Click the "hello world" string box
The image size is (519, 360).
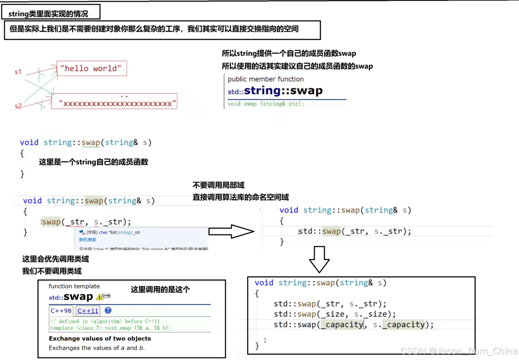pos(91,69)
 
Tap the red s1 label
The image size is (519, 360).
pos(18,72)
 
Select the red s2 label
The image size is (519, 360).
pos(18,106)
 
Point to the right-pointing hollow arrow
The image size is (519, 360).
pos(231,231)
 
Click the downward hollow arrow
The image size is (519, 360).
pos(319,259)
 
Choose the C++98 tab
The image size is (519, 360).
pos(61,311)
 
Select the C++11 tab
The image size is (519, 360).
pos(88,311)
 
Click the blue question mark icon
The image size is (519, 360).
pos(108,311)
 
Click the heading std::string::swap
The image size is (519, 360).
pos(275,91)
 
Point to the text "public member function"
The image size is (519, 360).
pos(265,79)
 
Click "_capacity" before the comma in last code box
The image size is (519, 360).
pos(342,325)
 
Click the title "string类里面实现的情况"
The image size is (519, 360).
pos(48,14)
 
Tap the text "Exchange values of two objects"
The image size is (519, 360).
pos(100,339)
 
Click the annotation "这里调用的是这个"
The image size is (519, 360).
pos(160,289)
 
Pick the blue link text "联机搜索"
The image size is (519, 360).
pos(88,240)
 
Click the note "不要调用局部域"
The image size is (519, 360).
pos(219,185)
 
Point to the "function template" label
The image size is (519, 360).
pos(74,286)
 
